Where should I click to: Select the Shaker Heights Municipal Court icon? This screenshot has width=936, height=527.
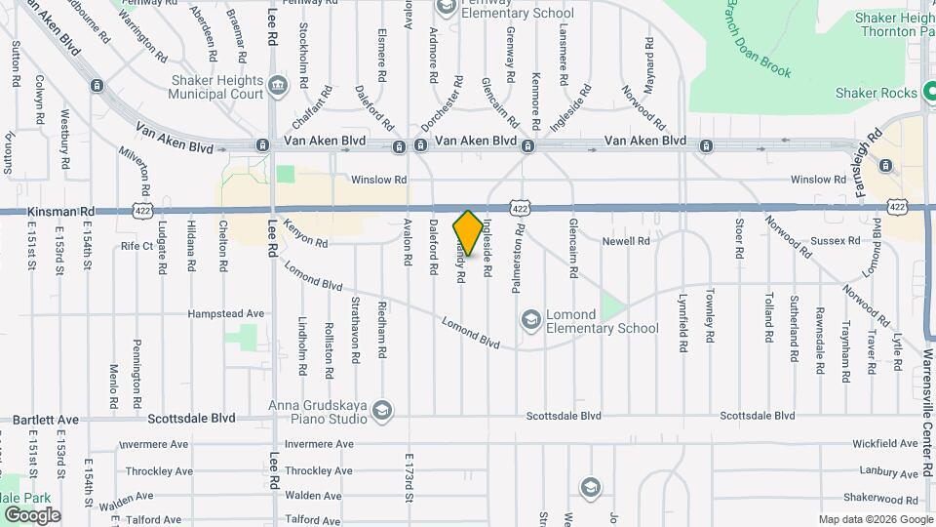coord(278,86)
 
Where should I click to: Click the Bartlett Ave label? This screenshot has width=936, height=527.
coord(45,420)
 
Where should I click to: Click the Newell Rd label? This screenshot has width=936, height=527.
coord(625,240)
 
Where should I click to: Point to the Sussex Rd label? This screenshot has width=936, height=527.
coord(839,240)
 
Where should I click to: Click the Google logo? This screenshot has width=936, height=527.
coord(32,515)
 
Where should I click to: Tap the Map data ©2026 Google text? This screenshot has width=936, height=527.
coord(875,519)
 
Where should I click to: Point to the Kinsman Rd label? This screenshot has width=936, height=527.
coord(61,211)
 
